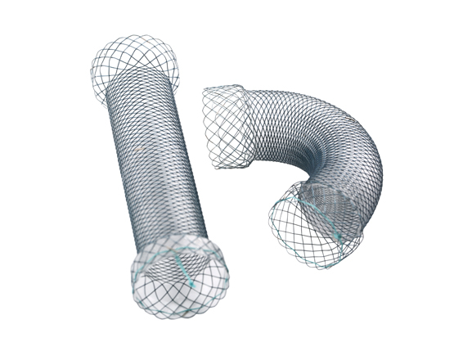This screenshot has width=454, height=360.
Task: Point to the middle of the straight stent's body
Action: point(155,164)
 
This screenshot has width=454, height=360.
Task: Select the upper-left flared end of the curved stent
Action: point(225,127)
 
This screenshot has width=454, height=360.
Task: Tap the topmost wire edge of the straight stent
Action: point(131,37)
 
